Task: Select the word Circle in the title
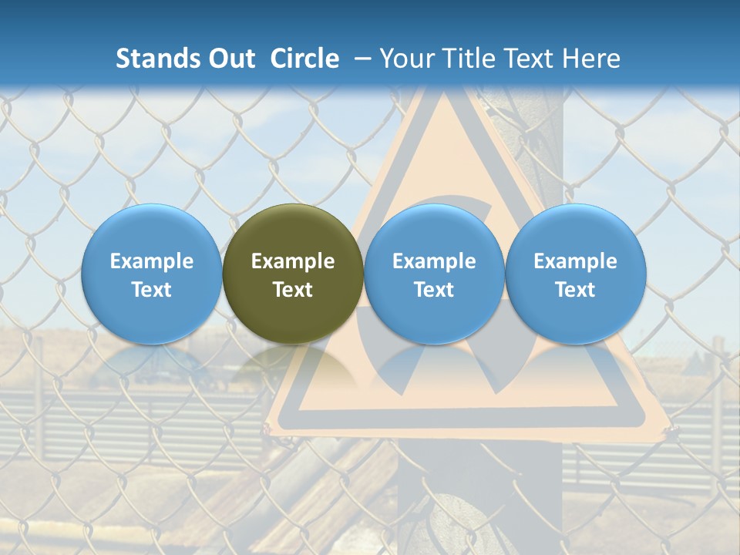tap(304, 59)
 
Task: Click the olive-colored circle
tap(293, 274)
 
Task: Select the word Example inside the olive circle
tap(293, 261)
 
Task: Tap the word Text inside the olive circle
tap(293, 290)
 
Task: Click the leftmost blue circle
tap(152, 274)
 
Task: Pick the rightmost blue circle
tap(576, 274)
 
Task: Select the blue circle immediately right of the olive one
tap(434, 274)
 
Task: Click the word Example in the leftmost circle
tap(152, 261)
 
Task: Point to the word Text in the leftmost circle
tap(152, 290)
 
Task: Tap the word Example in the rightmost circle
tap(576, 261)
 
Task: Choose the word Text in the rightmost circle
tap(576, 290)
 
